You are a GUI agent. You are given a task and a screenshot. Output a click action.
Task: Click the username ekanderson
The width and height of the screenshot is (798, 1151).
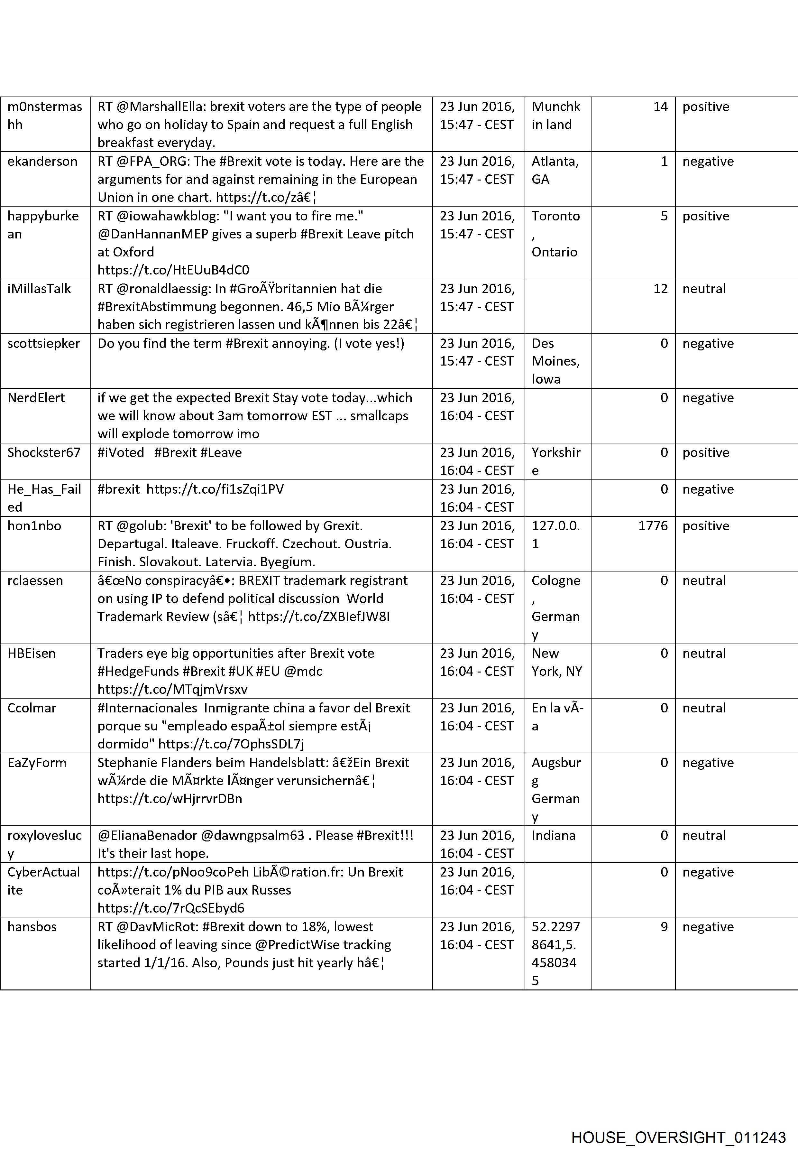point(42,162)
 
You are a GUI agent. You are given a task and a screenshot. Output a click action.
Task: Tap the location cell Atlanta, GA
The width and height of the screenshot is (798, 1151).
point(555,170)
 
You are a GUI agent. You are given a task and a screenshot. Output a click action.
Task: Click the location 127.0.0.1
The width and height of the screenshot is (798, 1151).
point(555,535)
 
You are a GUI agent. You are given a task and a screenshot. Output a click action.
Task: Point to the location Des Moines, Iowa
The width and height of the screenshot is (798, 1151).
point(555,361)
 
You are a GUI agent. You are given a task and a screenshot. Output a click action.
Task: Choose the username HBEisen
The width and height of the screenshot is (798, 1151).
point(32,653)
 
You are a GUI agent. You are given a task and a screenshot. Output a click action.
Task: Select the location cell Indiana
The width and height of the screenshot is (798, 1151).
point(554,835)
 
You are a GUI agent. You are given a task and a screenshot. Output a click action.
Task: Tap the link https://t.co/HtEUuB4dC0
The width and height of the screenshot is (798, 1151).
point(173,270)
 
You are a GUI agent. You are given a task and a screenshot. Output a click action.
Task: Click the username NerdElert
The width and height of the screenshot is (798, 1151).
point(36,398)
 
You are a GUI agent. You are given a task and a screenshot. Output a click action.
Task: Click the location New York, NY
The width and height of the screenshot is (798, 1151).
point(556,662)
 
